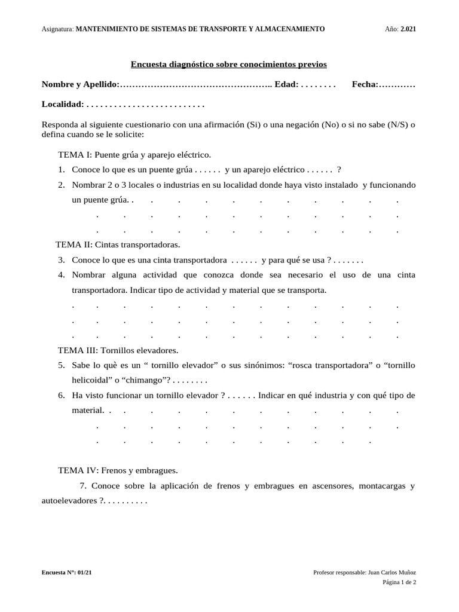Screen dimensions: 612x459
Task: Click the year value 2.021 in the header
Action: pyautogui.click(x=408, y=29)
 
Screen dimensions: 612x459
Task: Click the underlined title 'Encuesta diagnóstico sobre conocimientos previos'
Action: pyautogui.click(x=229, y=64)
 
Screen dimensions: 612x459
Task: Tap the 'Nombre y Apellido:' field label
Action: pyautogui.click(x=80, y=85)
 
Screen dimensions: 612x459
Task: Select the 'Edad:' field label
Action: pyautogui.click(x=286, y=85)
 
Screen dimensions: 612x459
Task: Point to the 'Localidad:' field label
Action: pyautogui.click(x=63, y=104)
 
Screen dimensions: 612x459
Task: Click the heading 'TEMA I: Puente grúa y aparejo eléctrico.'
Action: pyautogui.click(x=134, y=154)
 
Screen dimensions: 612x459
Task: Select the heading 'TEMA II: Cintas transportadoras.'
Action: pyautogui.click(x=118, y=244)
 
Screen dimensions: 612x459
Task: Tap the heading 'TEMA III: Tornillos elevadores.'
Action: pyautogui.click(x=118, y=350)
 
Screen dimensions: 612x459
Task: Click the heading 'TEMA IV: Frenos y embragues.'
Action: pyautogui.click(x=118, y=470)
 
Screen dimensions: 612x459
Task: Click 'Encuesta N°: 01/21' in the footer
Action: pyautogui.click(x=67, y=573)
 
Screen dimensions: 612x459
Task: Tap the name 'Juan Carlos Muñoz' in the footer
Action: pyautogui.click(x=392, y=573)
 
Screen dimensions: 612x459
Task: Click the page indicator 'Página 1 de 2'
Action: pyautogui.click(x=399, y=582)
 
